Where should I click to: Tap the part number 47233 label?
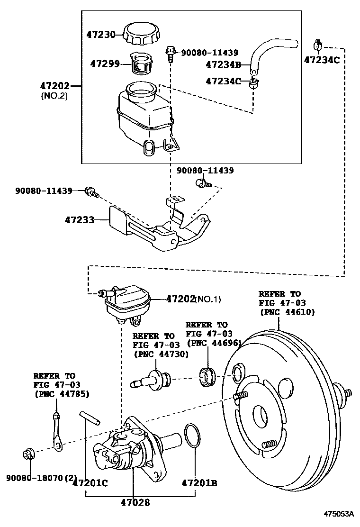[80, 220]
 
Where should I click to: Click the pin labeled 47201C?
[89, 419]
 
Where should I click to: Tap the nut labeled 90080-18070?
[27, 454]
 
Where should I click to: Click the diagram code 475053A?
[339, 514]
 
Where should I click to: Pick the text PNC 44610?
[287, 312]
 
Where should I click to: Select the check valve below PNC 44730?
[154, 379]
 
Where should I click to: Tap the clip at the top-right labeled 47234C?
[318, 46]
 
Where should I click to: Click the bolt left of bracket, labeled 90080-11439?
[90, 191]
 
